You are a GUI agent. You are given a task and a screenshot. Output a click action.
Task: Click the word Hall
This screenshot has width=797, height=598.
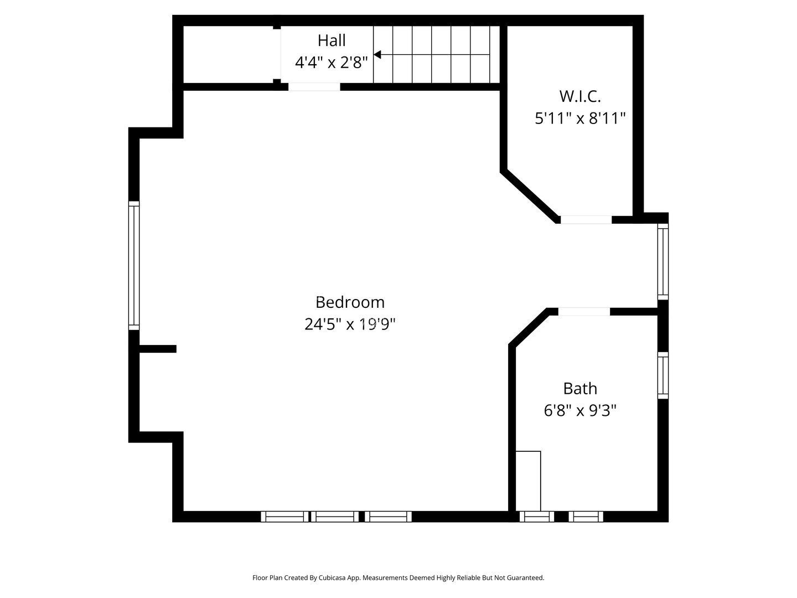331,40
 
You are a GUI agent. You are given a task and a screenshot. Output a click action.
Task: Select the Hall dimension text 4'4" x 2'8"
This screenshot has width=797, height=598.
331,63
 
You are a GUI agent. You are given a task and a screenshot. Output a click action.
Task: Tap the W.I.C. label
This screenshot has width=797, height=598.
580,96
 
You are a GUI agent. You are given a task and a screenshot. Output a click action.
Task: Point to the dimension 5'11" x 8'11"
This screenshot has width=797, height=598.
580,118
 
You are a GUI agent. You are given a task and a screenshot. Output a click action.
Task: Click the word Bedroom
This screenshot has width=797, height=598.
350,302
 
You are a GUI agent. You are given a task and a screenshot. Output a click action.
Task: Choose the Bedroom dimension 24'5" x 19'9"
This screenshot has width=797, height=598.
350,324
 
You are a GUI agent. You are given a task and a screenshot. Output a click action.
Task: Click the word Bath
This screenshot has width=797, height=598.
580,389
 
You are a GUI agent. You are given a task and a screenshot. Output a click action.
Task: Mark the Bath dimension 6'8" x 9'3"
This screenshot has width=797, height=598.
580,411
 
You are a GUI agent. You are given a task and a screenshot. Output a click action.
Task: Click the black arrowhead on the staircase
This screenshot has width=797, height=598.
377,54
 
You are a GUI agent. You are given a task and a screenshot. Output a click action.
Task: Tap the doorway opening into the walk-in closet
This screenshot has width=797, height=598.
586,219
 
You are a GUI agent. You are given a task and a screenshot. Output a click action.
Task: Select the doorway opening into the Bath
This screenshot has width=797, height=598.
584,311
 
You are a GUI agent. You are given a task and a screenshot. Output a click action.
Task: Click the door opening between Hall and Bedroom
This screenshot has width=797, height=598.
314,87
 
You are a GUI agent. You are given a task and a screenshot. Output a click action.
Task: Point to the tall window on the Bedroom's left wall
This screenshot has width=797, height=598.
134,265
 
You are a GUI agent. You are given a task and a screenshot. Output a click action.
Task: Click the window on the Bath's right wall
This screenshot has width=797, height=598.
663,375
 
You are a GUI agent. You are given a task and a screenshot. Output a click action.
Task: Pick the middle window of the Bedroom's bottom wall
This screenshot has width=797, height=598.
335,516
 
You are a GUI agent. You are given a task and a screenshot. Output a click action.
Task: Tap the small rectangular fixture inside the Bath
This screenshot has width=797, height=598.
529,481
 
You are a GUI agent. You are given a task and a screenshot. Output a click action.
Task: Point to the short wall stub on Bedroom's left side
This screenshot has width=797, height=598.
158,349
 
